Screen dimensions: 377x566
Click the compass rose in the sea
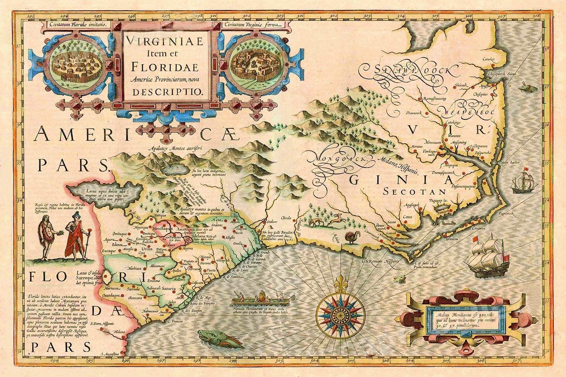(x=341, y=312)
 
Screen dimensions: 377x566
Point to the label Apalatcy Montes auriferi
(x=175, y=149)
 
